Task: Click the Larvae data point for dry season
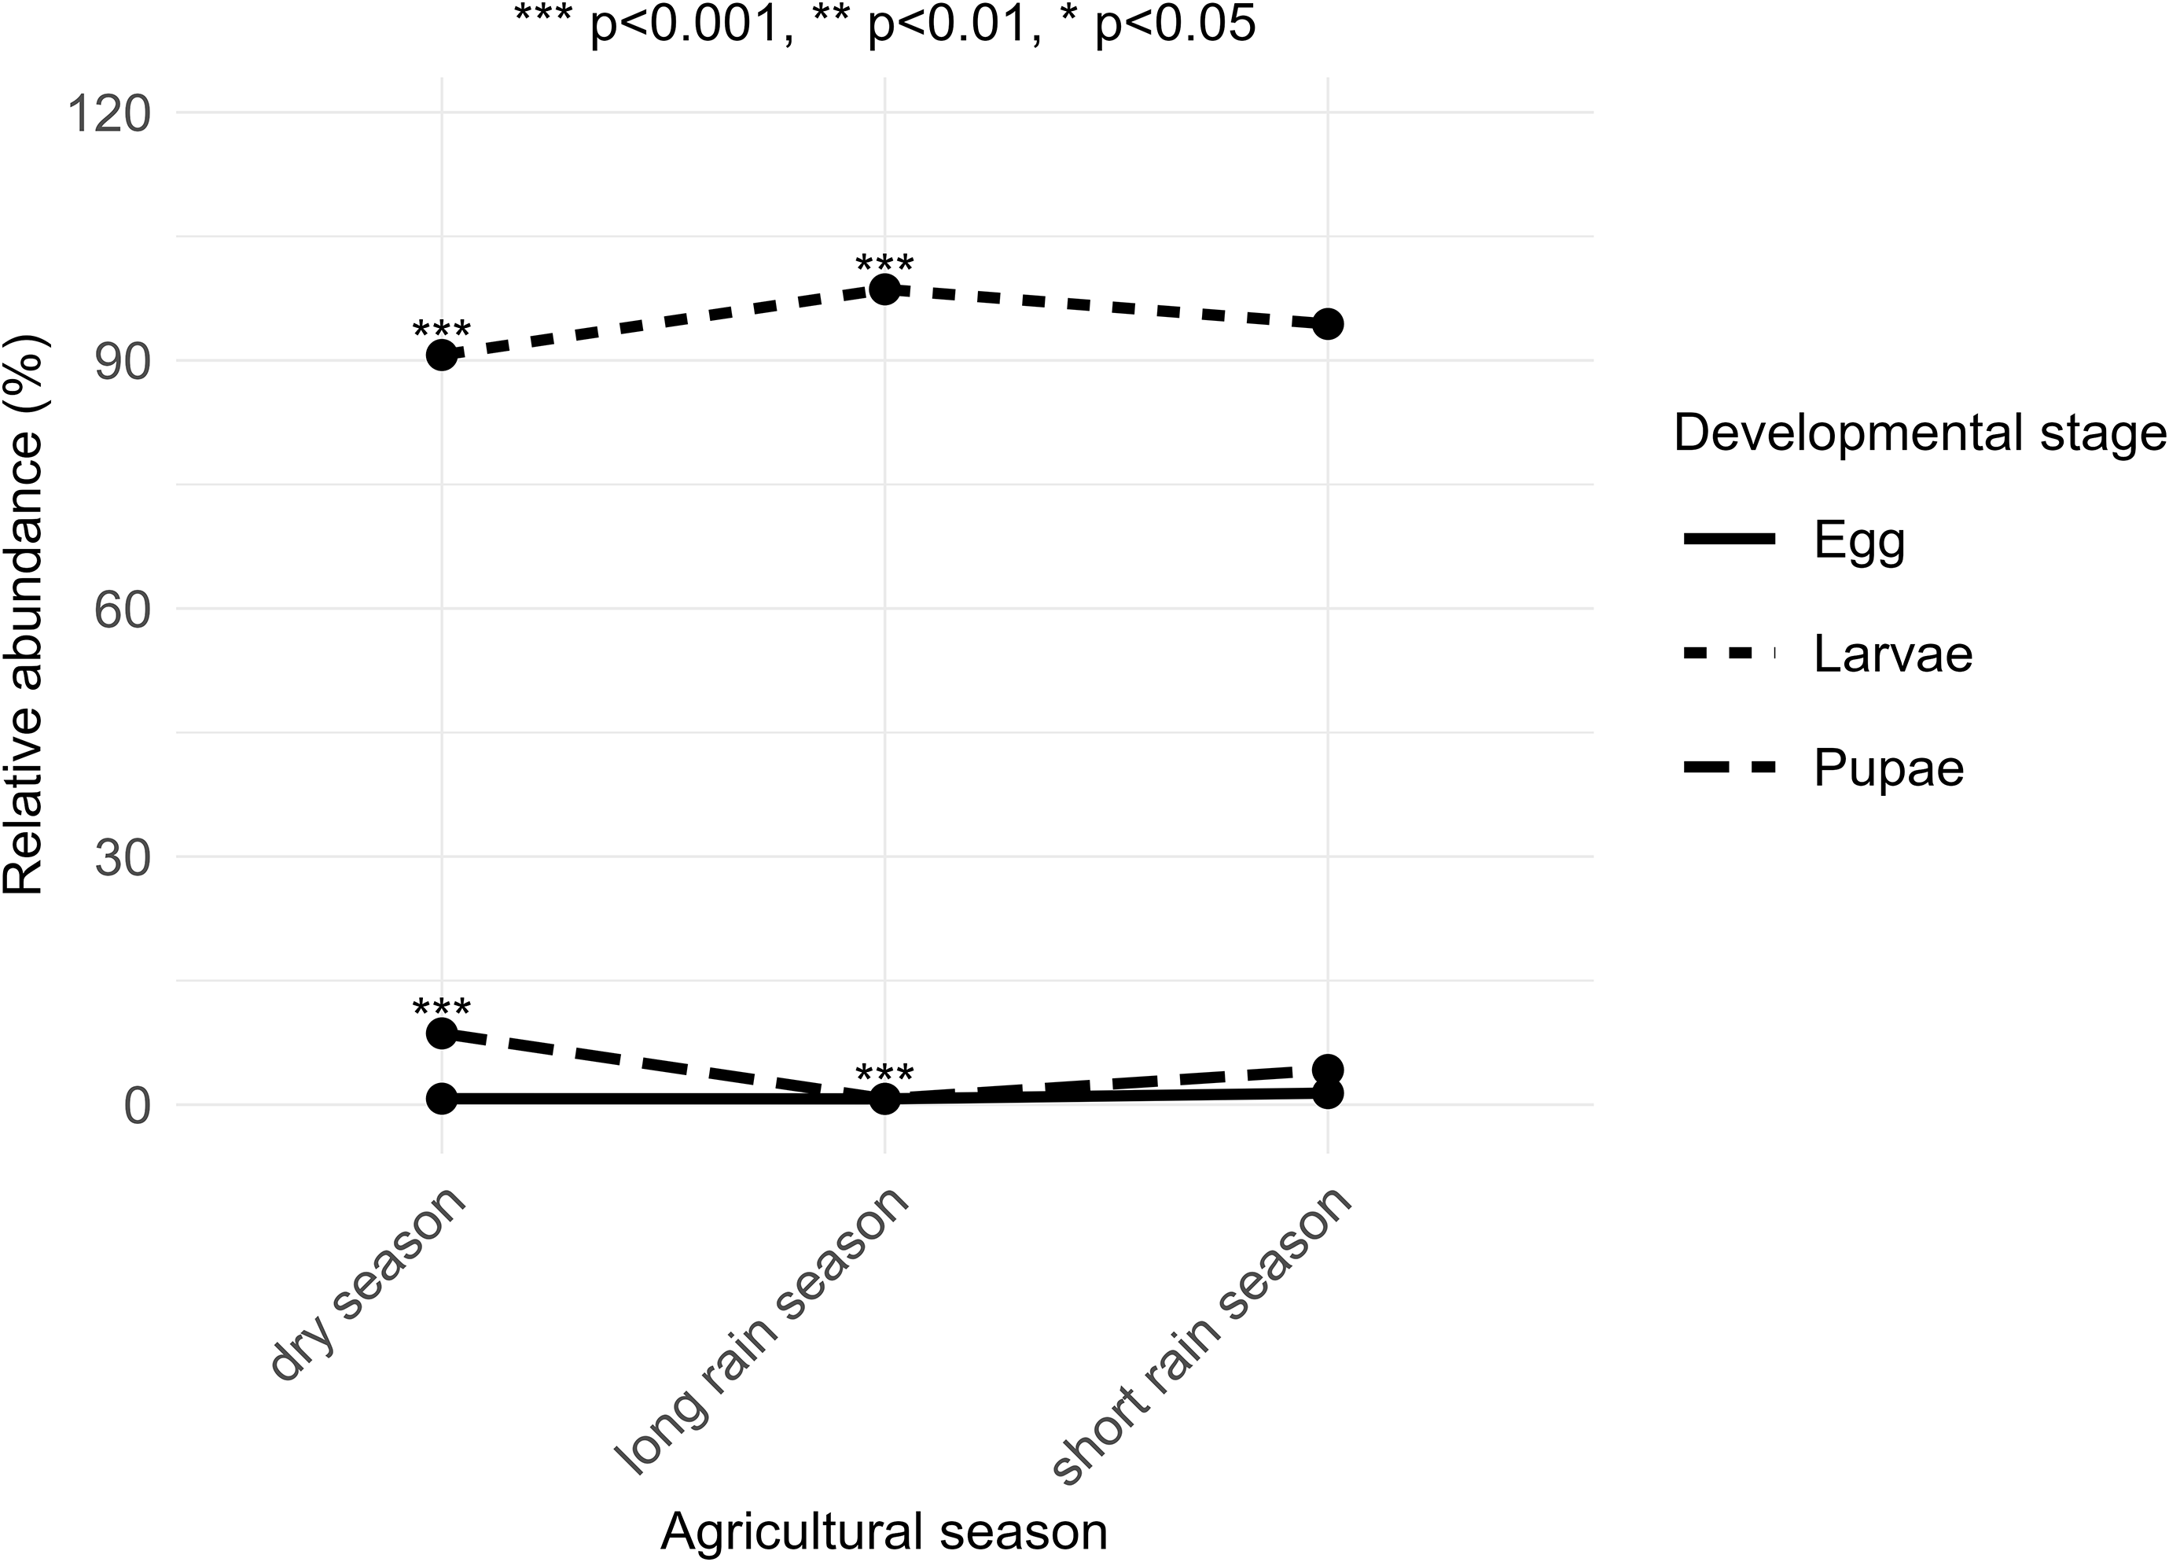pos(441,356)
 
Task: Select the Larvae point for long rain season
pos(884,289)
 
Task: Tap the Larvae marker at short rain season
pos(1327,324)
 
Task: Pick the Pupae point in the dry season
pos(441,1033)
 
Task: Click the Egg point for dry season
pos(441,1099)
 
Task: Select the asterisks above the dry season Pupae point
pos(441,1008)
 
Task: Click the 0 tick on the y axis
pos(137,1106)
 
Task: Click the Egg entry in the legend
pos(1859,541)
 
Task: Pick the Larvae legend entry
pos(1892,655)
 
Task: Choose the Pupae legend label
pos(1888,769)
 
